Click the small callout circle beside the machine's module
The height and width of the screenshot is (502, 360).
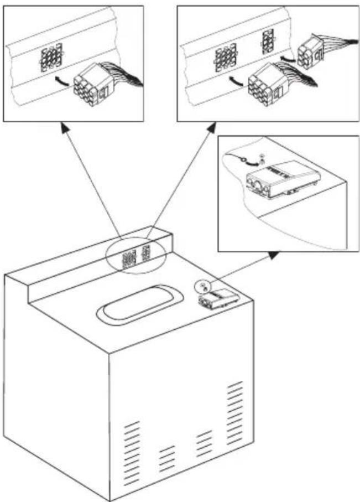pyautogui.click(x=202, y=285)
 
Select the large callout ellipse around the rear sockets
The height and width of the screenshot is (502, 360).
pyautogui.click(x=136, y=256)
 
